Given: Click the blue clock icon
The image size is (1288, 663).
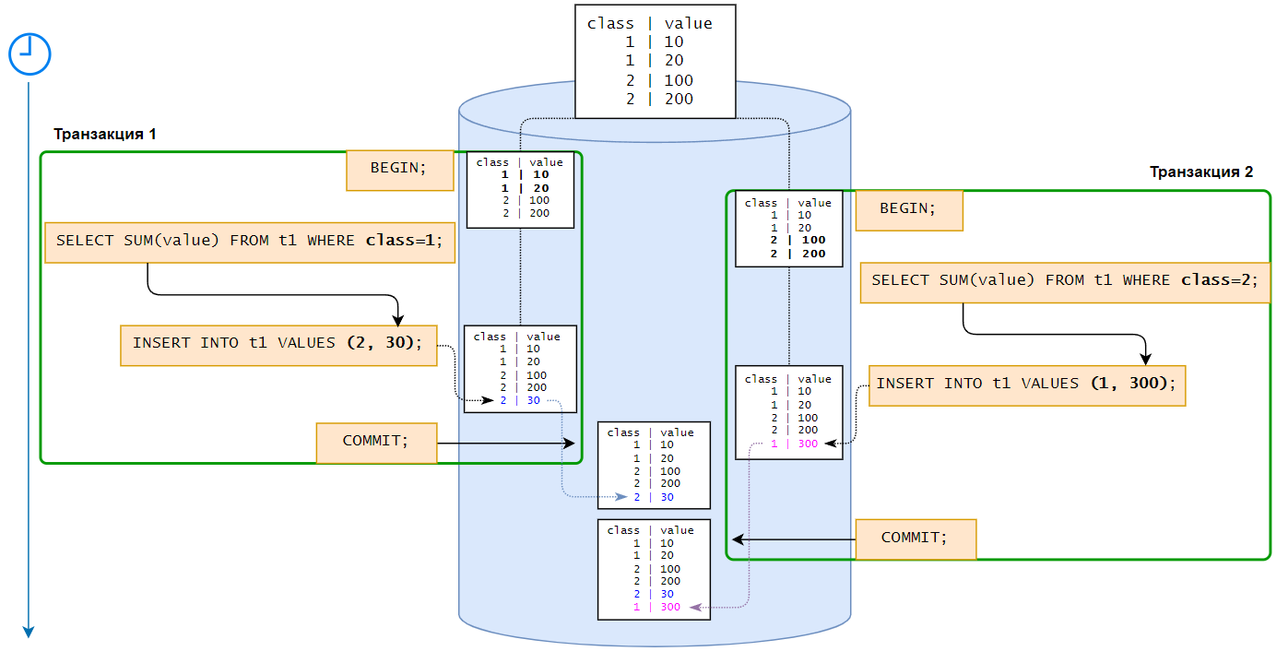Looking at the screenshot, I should (30, 54).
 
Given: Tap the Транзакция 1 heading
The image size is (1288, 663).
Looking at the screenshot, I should (104, 134).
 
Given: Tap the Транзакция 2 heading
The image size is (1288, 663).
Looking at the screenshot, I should (1200, 172).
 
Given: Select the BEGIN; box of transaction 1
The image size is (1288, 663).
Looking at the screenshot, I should (399, 170).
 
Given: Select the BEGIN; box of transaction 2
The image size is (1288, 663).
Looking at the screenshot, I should (908, 209).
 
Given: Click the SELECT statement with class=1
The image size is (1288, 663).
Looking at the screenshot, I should (250, 242).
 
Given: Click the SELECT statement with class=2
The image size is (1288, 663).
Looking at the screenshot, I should (1064, 281).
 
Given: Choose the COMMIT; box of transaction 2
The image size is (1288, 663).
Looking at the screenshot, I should (915, 539).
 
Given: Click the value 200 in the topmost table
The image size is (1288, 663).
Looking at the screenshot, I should (679, 100).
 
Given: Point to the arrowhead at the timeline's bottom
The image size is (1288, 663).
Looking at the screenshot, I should (29, 632).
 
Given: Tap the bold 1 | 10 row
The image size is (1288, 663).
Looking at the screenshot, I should (525, 174).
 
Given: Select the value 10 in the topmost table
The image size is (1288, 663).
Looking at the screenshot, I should (674, 42).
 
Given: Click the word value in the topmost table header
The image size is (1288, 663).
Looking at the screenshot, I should (688, 24).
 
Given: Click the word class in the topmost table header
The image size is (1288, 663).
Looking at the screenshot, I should (610, 24).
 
